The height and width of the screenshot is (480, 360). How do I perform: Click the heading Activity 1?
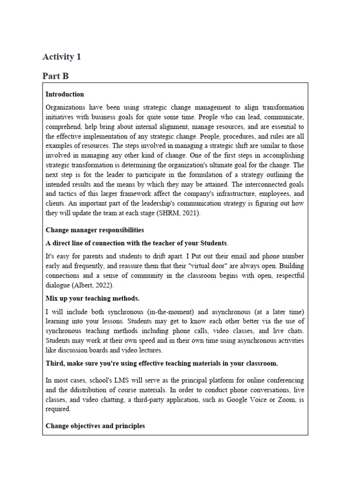click(x=61, y=57)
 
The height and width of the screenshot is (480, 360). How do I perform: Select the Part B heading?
click(x=55, y=76)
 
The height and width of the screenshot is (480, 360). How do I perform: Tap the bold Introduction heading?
click(x=65, y=94)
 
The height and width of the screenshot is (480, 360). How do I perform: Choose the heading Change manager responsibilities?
click(x=95, y=230)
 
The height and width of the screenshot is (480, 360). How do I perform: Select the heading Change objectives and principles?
click(x=95, y=426)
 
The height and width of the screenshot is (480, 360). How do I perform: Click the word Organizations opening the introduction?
click(x=66, y=107)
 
